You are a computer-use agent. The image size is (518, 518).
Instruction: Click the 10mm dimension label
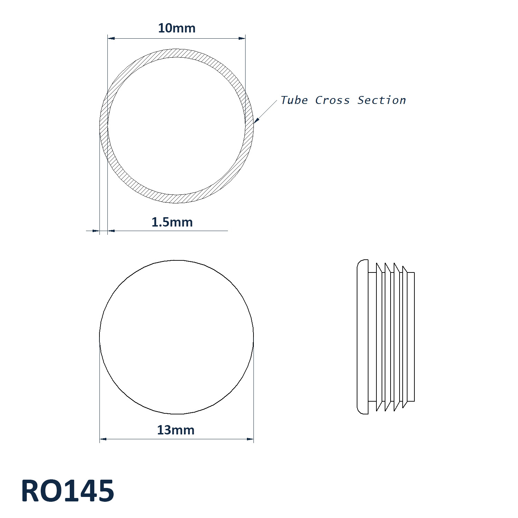[176, 28]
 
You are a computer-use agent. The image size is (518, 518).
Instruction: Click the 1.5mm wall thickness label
[172, 222]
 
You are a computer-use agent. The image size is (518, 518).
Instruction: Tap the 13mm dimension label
[176, 430]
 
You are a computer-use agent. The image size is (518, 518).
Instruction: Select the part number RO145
[68, 491]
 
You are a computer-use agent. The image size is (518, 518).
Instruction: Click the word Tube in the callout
[294, 100]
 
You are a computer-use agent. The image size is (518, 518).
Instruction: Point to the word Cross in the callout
[332, 100]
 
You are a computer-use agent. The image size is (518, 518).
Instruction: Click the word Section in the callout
[382, 100]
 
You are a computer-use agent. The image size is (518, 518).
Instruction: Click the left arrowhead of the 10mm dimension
[111, 38]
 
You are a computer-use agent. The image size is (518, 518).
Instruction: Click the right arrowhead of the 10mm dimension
[242, 38]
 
